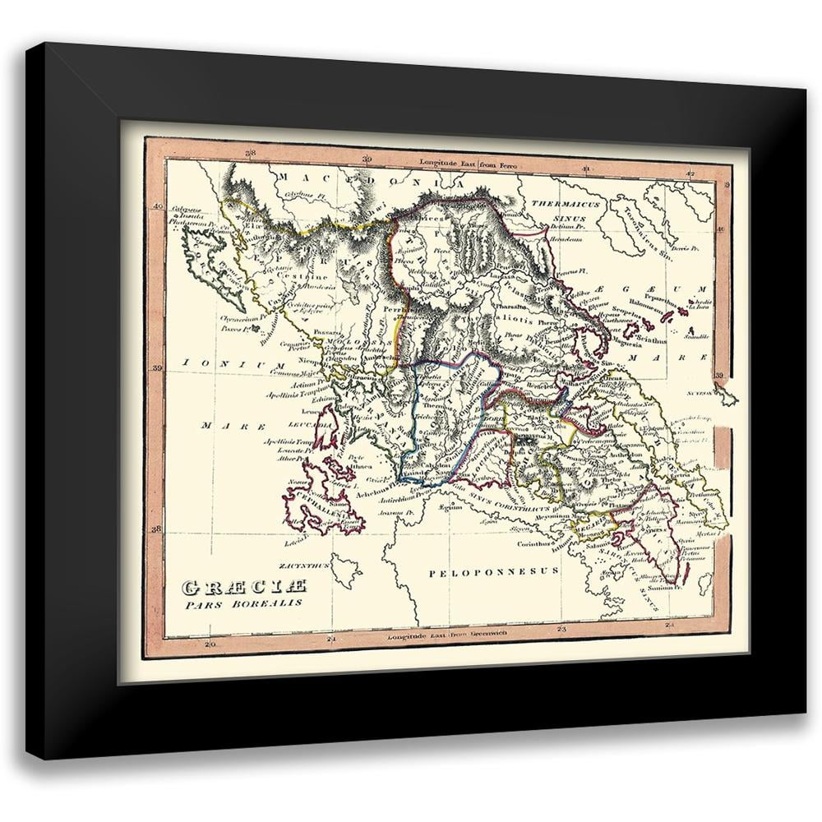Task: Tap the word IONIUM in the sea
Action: coord(213,363)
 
